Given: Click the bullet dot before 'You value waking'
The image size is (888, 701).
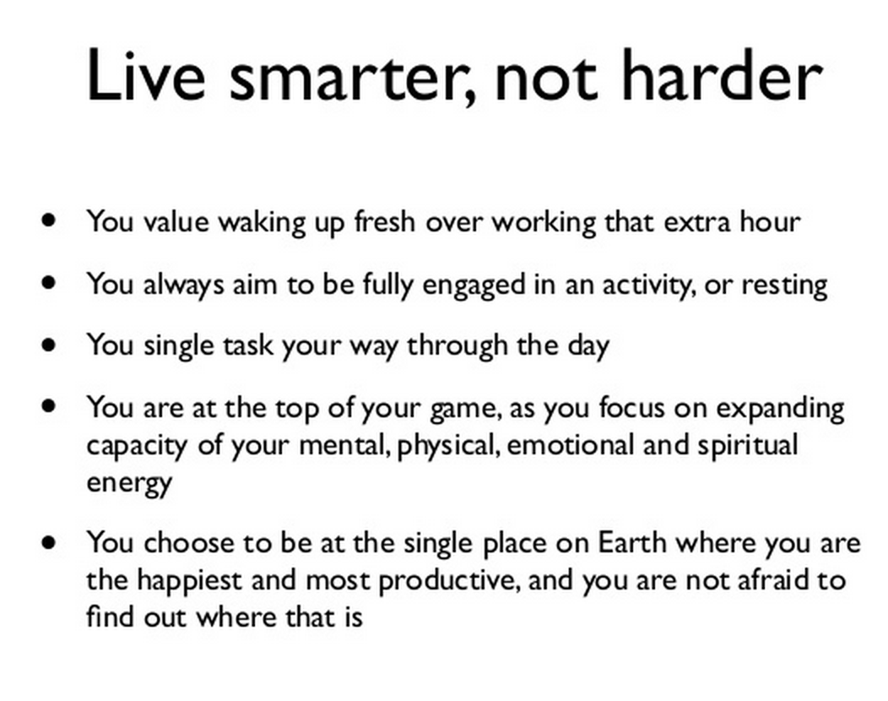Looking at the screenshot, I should tap(51, 221).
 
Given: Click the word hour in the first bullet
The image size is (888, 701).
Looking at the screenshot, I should tap(770, 222).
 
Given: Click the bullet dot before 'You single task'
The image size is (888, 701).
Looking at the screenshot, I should tap(51, 345).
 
